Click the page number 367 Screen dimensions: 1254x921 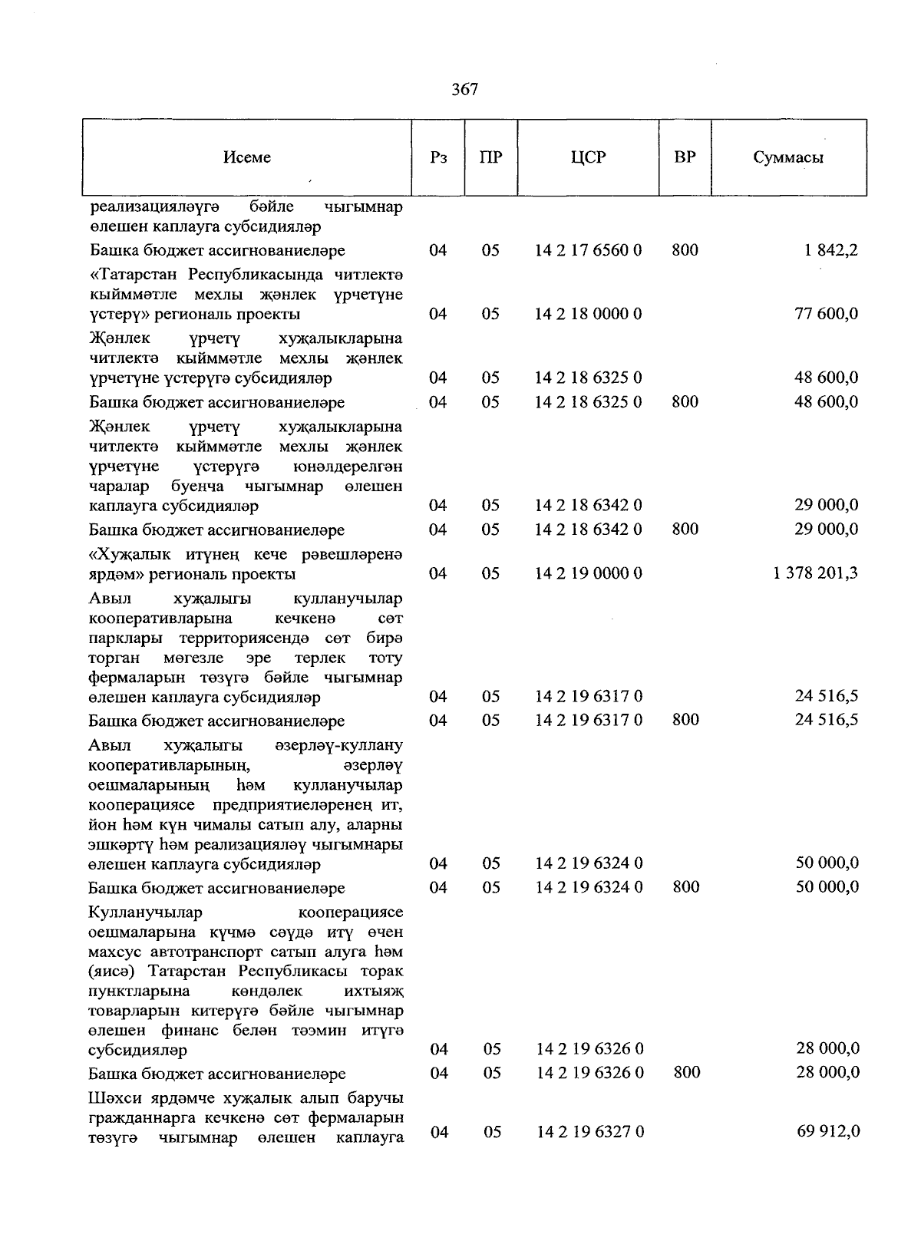coord(465,90)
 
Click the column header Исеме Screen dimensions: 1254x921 coord(247,157)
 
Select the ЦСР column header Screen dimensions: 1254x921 coord(589,157)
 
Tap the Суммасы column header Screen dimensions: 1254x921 coord(788,157)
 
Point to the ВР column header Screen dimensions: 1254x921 coord(685,157)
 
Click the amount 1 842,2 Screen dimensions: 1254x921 coord(831,250)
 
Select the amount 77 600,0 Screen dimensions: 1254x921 coord(827,313)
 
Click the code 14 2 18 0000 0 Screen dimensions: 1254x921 coord(589,313)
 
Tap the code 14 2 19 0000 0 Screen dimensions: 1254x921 coord(589,573)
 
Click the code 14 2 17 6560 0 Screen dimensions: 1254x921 coord(589,250)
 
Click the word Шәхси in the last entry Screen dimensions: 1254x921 coord(112,1097)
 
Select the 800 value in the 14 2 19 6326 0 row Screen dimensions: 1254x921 coord(686,1072)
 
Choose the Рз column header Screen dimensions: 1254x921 coord(439,157)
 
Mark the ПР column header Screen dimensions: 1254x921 coord(490,157)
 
